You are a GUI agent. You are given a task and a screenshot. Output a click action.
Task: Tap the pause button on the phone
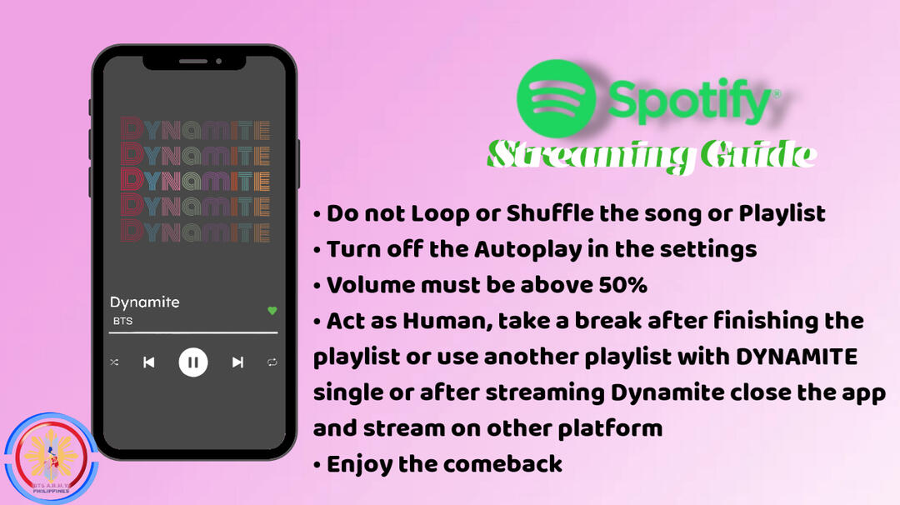192,362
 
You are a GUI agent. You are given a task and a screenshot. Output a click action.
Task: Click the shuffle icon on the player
114,362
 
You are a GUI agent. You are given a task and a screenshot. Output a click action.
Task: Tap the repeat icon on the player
272,362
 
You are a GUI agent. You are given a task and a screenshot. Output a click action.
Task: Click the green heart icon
272,311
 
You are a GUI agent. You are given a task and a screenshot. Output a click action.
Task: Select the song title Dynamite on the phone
145,302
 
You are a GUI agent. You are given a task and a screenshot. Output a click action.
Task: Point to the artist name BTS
122,321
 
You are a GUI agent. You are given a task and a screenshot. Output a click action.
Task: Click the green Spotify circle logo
556,99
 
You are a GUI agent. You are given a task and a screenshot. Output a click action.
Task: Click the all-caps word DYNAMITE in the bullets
797,357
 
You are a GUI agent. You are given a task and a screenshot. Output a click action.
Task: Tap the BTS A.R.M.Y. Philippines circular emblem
51,458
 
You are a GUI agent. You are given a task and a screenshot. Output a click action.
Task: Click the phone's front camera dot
218,61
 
